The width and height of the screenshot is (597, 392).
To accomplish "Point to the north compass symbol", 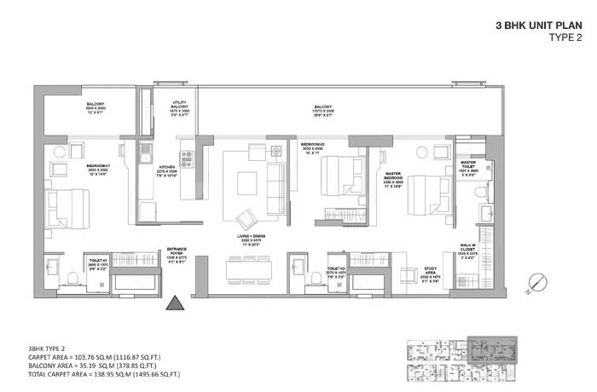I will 536,283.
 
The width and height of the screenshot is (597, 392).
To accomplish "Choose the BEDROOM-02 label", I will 313,145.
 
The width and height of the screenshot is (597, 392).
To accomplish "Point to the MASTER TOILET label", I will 468,161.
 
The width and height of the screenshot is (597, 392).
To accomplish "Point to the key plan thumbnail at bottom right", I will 461,361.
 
